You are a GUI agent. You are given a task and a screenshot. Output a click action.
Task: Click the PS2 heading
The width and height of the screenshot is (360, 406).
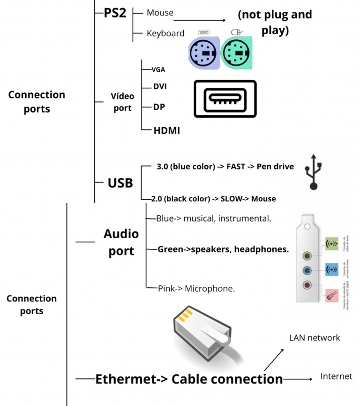114,13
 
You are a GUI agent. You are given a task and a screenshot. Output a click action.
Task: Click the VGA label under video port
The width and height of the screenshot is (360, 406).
158,69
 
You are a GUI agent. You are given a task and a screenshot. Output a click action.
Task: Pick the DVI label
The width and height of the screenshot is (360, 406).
160,87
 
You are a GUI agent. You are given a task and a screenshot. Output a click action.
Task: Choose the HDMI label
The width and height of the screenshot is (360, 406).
166,131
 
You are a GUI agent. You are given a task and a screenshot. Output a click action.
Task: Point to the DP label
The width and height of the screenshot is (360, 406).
159,107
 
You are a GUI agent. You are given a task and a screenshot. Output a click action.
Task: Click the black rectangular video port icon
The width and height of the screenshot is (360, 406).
225,99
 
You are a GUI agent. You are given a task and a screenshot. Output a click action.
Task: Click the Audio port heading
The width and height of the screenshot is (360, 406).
121,242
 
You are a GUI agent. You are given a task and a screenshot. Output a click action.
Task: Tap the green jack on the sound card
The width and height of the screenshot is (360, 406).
307,256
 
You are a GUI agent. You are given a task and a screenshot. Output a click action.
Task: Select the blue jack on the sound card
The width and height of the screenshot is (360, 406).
307,270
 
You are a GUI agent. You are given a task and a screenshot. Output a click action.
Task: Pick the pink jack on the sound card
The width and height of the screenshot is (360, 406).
307,284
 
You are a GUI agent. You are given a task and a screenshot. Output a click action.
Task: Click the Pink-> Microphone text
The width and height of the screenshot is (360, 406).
196,288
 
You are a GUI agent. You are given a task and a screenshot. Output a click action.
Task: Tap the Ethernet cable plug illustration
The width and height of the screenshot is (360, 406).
202,336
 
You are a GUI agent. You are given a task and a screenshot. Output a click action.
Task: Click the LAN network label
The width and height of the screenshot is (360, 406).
315,338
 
